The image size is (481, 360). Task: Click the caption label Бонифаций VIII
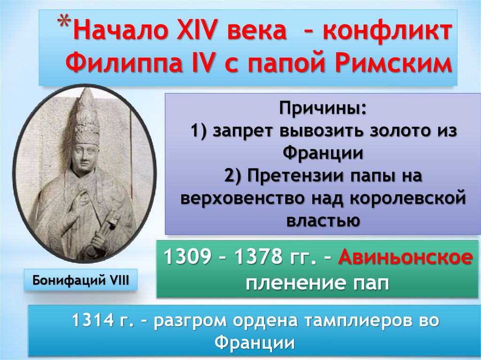point(81,281)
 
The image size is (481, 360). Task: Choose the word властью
point(322,220)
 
